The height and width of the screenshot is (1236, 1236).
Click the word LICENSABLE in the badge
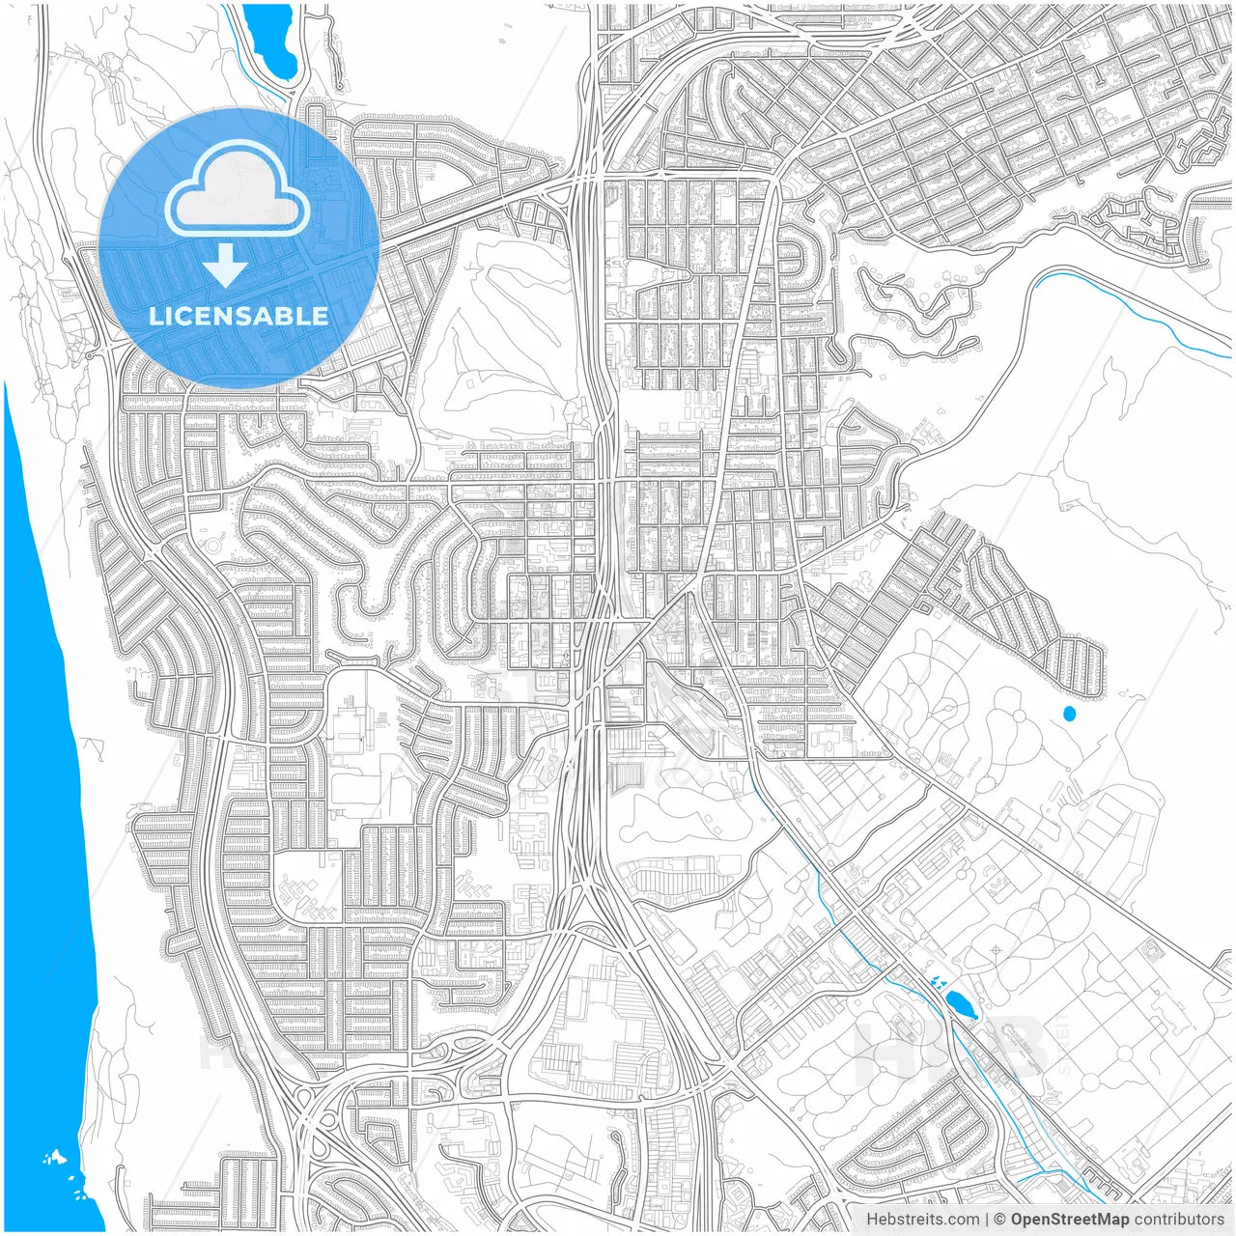pyautogui.click(x=238, y=316)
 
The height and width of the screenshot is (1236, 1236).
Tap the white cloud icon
pyautogui.click(x=237, y=189)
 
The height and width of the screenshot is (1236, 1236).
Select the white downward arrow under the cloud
pyautogui.click(x=225, y=265)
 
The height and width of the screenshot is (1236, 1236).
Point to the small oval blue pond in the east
pyautogui.click(x=1068, y=714)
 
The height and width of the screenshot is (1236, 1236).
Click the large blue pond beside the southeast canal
pyautogui.click(x=961, y=1004)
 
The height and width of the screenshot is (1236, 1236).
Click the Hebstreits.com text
pyautogui.click(x=922, y=1220)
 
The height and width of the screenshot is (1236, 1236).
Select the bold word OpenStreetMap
pyautogui.click(x=1069, y=1220)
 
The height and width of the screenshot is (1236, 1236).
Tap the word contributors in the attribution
pyautogui.click(x=1178, y=1220)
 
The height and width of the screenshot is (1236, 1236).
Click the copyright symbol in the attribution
pyautogui.click(x=1000, y=1220)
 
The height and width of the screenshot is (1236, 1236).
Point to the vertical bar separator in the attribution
pyautogui.click(x=986, y=1220)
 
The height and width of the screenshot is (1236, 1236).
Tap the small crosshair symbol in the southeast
pyautogui.click(x=996, y=950)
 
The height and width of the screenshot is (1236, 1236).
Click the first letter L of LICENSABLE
pyautogui.click(x=154, y=316)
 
